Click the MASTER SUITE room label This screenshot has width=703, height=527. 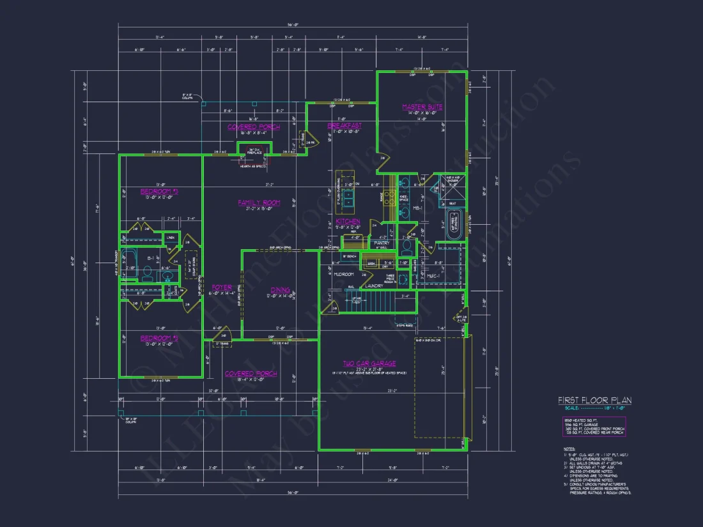[422, 107]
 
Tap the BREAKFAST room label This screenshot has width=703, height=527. [344, 126]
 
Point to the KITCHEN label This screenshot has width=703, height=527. [348, 221]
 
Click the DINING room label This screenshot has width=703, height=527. [279, 289]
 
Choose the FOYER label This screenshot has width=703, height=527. [221, 287]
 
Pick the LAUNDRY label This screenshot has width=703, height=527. [374, 286]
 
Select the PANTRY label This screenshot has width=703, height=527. [382, 243]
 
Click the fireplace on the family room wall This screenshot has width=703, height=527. [254, 151]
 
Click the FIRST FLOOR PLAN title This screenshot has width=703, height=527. [594, 401]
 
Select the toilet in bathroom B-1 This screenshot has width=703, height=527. [146, 273]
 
